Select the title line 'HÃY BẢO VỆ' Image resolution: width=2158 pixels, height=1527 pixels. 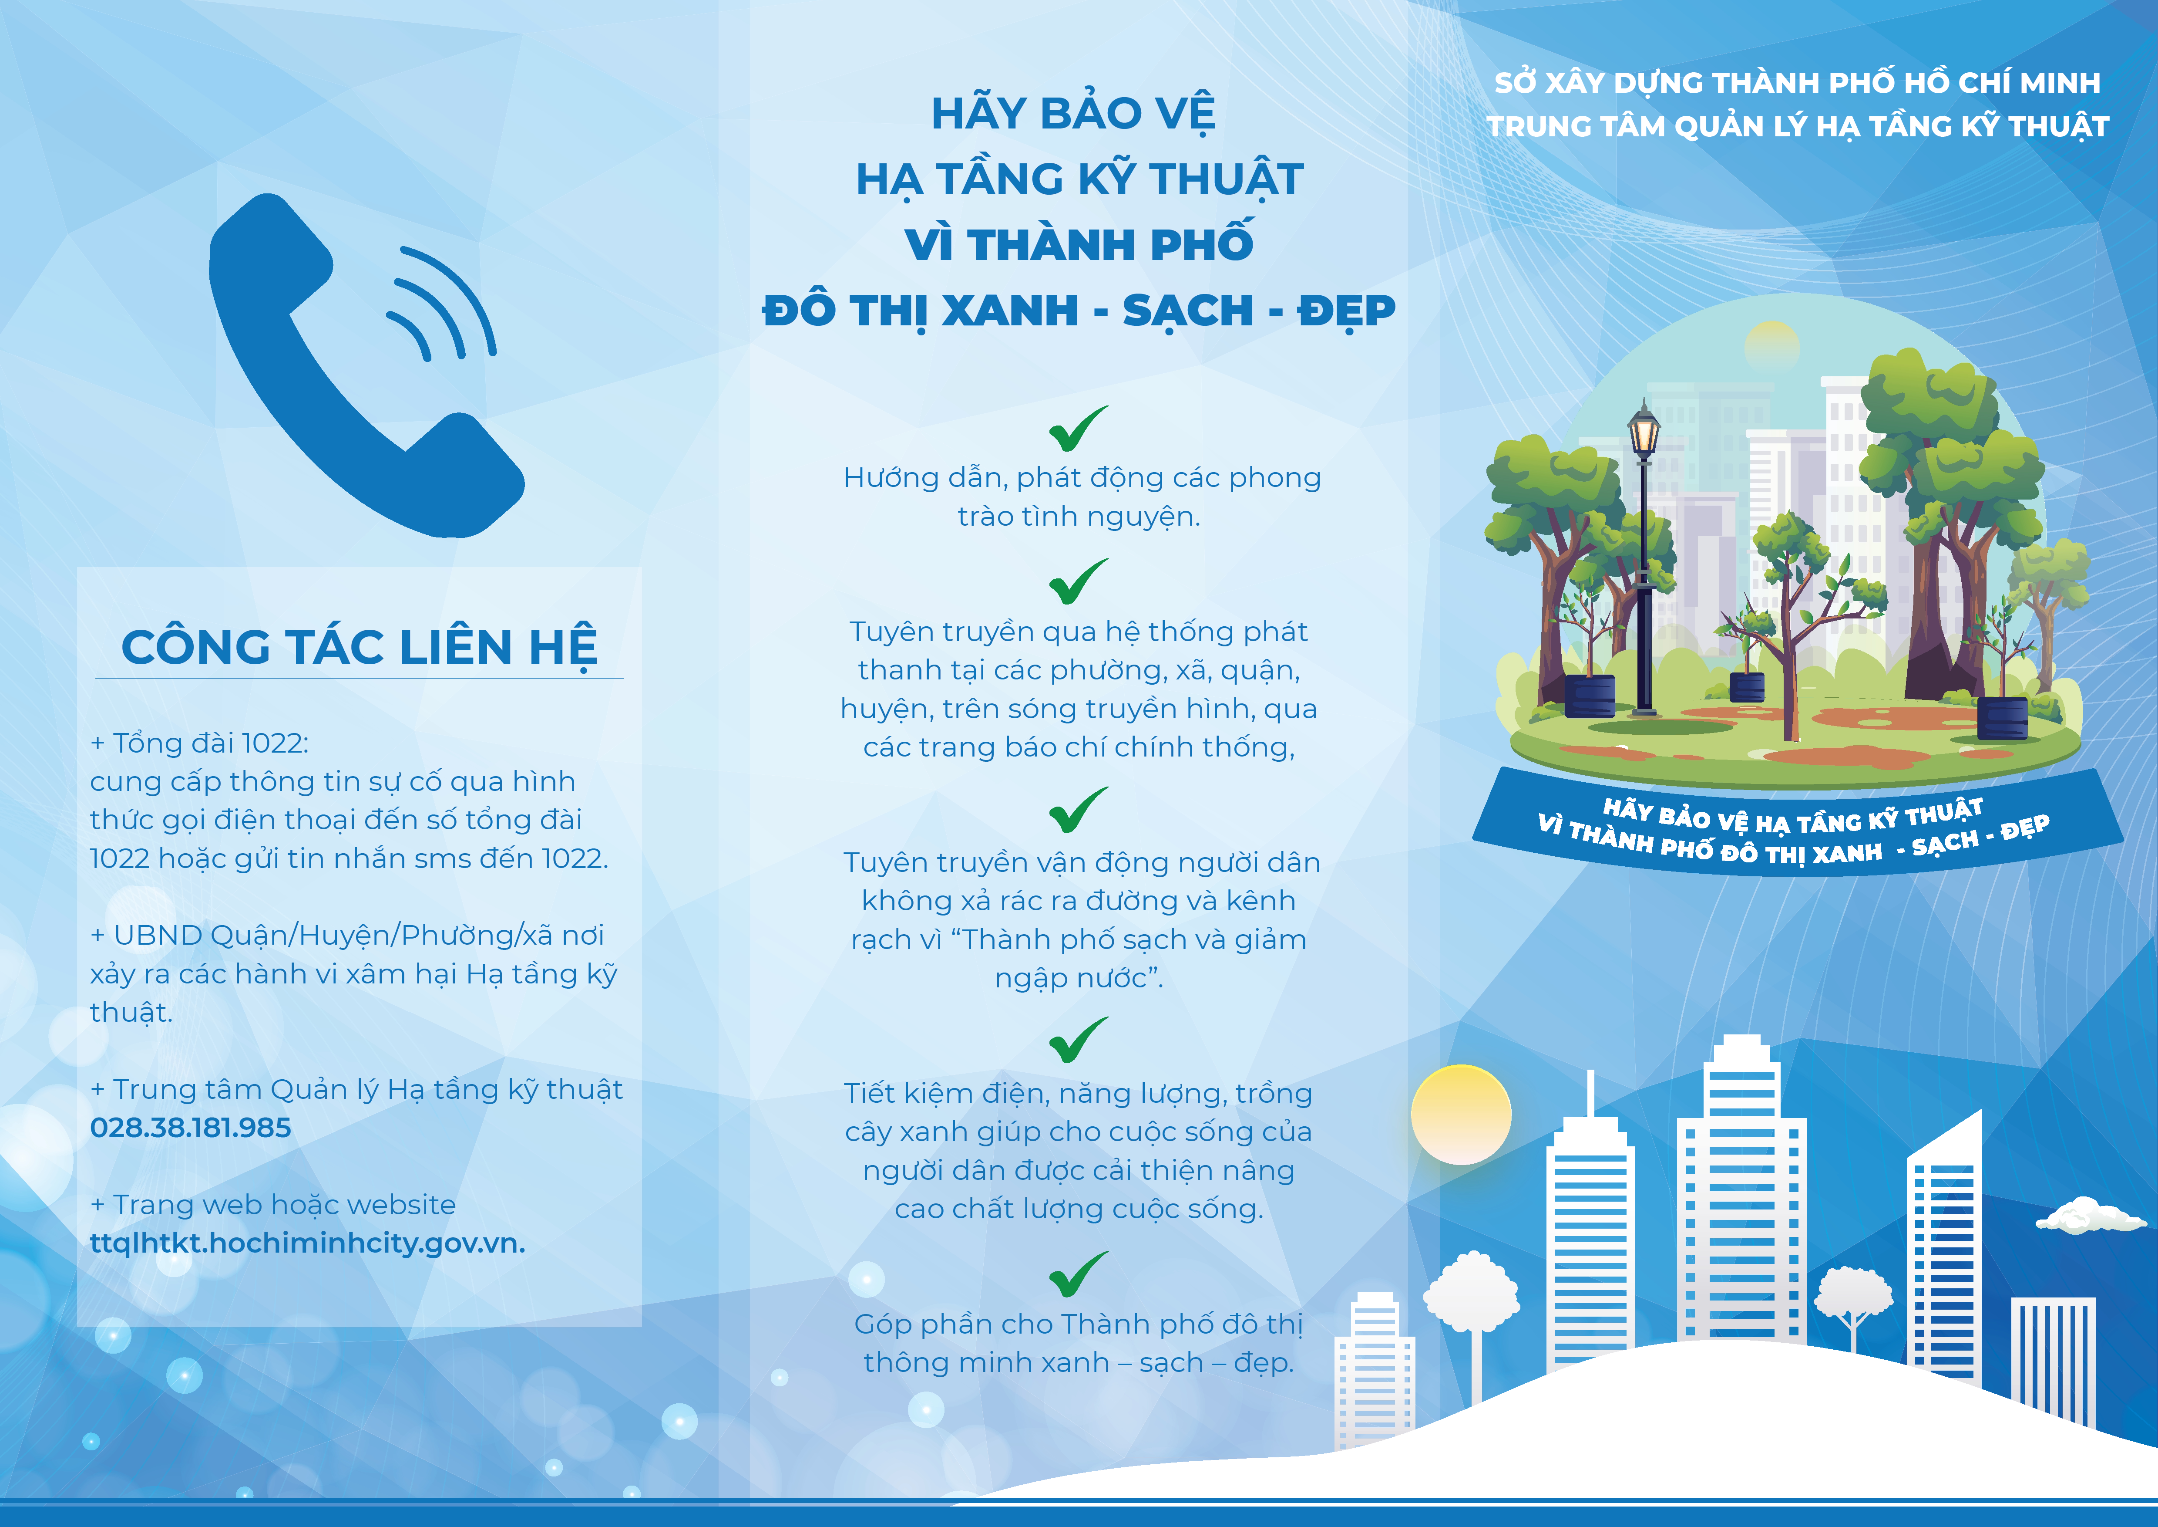click(x=1073, y=114)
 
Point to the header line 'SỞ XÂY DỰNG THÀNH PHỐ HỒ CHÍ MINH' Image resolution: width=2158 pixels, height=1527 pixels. click(x=1797, y=83)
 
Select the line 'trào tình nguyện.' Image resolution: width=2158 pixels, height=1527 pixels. click(x=1079, y=516)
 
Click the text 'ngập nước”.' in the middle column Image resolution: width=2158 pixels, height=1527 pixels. click(x=1079, y=978)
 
